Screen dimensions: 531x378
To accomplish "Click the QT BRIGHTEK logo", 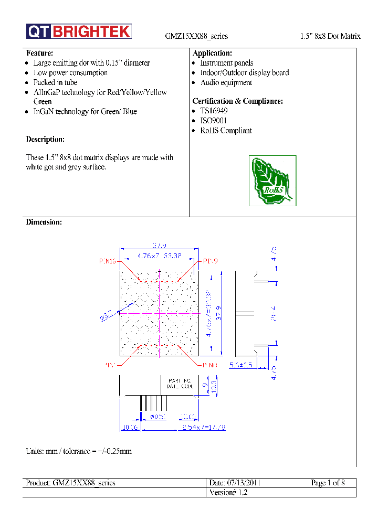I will (79, 31).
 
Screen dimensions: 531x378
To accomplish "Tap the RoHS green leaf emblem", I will (272, 180).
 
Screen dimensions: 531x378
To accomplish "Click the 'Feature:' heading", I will (39, 53).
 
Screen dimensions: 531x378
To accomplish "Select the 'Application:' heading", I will (212, 53).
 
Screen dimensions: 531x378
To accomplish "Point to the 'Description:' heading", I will (45, 139).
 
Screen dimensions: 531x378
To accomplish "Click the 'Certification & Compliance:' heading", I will (238, 101).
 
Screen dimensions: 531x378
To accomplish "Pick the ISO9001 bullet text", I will (214, 121).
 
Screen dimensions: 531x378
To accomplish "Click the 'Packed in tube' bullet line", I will (55, 82).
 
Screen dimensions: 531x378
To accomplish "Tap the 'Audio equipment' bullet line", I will (226, 82).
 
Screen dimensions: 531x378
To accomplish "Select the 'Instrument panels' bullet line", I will (226, 63).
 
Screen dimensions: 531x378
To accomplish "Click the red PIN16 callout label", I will (108, 261).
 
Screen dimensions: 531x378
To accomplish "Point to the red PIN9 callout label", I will (211, 261).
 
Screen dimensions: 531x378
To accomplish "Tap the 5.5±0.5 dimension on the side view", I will (241, 365).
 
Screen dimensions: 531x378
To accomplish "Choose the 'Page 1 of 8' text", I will (328, 483).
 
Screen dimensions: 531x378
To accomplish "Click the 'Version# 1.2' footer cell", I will (228, 493).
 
